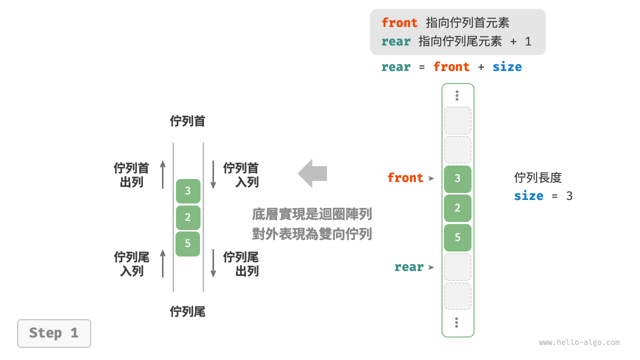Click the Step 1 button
54,333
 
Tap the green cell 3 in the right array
457,179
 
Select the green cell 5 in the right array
457,237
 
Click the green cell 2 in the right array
457,208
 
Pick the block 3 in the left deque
187,191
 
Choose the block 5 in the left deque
187,243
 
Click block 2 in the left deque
187,217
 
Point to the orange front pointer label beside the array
405,178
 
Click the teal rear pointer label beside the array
408,267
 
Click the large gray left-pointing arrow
312,173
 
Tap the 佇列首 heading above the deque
187,121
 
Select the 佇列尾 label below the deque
187,312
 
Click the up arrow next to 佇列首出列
162,174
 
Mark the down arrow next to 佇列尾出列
213,263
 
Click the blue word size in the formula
507,67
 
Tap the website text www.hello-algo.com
579,342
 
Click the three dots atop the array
457,95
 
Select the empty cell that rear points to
457,267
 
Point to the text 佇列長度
538,177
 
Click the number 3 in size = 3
569,195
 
